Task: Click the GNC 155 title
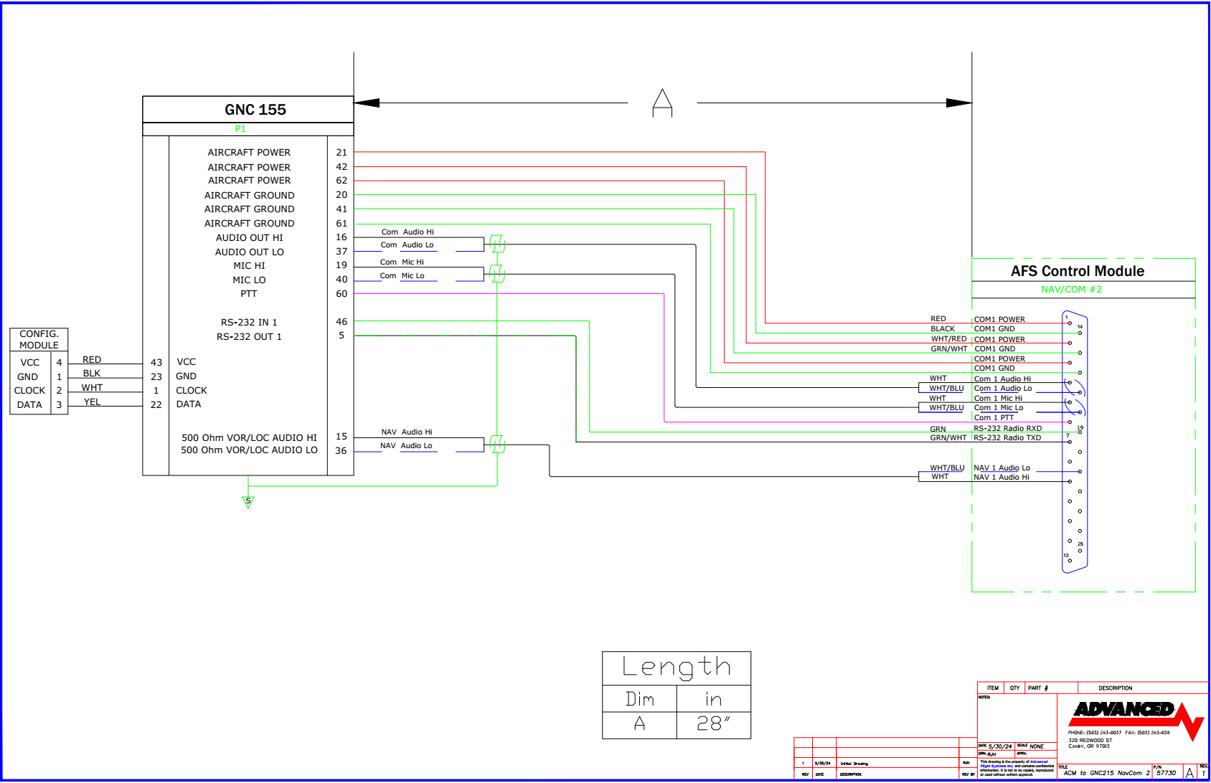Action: [x=255, y=110]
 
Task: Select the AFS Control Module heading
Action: [x=1077, y=271]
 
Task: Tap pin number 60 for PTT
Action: [x=341, y=293]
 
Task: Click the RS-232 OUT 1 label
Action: [x=249, y=336]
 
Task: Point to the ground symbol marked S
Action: [x=248, y=501]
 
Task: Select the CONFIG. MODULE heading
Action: [x=39, y=339]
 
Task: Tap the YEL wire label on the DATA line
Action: [x=92, y=402]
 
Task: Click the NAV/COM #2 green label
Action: [x=1071, y=289]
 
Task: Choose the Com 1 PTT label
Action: [x=994, y=417]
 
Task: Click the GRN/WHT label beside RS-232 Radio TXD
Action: [x=948, y=437]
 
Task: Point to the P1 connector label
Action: [x=240, y=129]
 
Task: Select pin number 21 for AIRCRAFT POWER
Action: [x=341, y=152]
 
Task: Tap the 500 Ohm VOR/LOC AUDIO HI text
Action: [x=249, y=437]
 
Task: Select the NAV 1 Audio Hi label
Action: [x=1001, y=477]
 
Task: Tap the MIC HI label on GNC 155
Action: [x=249, y=265]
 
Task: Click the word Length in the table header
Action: [x=676, y=668]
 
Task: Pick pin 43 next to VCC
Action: [x=156, y=362]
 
